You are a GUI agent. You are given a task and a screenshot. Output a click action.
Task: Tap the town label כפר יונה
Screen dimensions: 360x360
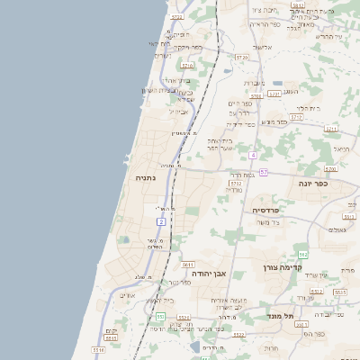317,183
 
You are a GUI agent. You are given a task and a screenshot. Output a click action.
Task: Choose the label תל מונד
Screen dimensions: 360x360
281,316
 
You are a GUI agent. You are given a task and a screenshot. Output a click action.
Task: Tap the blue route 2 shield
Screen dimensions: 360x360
161,220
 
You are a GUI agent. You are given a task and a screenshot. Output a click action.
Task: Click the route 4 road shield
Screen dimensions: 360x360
254,156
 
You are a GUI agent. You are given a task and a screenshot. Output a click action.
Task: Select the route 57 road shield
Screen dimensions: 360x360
263,171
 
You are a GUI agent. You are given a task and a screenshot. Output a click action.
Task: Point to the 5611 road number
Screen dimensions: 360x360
188,265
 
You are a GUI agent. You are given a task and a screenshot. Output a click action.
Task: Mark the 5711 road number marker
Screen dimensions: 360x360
331,129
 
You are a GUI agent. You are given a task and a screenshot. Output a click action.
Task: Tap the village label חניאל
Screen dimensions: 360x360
341,148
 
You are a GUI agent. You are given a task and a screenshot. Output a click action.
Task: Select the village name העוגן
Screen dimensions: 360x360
290,91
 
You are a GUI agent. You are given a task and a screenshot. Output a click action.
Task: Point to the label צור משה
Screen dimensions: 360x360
268,222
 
